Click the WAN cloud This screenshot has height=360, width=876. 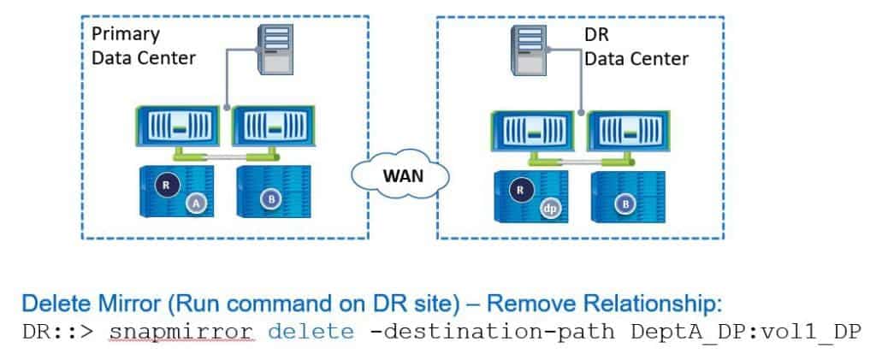[399, 177]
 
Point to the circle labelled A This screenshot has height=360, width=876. [196, 203]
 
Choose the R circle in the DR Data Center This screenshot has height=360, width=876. [517, 189]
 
